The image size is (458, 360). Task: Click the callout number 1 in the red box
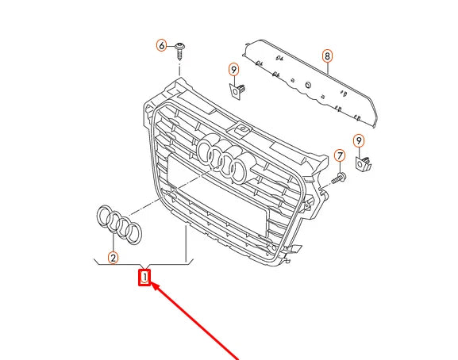[144, 278]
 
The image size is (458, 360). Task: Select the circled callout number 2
[113, 257]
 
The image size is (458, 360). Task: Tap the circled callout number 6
[162, 45]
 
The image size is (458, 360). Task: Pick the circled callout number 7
[339, 155]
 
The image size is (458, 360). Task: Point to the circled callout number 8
[326, 56]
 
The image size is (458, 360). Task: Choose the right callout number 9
[359, 141]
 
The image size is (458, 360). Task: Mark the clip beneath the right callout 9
[364, 164]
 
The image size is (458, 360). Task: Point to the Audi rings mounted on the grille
[224, 155]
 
